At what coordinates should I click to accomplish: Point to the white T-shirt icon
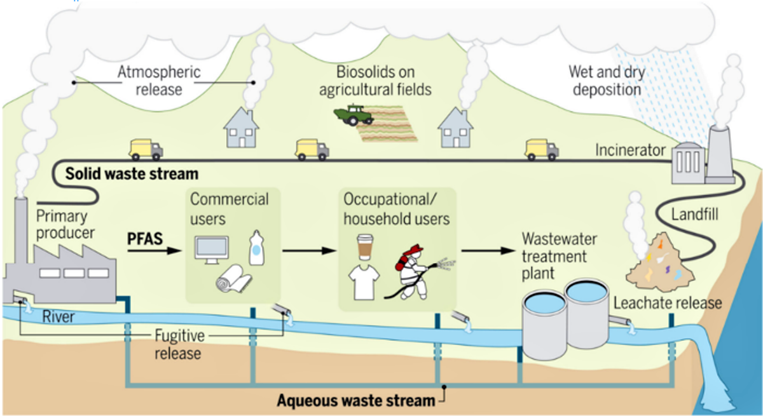click(364, 281)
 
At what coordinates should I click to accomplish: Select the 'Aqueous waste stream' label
click(355, 401)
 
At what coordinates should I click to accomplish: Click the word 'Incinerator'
click(630, 150)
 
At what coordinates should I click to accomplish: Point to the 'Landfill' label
click(695, 215)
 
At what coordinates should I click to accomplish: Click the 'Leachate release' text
click(668, 302)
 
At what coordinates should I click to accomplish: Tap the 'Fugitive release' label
click(179, 343)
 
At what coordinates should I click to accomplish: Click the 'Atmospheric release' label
click(159, 80)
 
